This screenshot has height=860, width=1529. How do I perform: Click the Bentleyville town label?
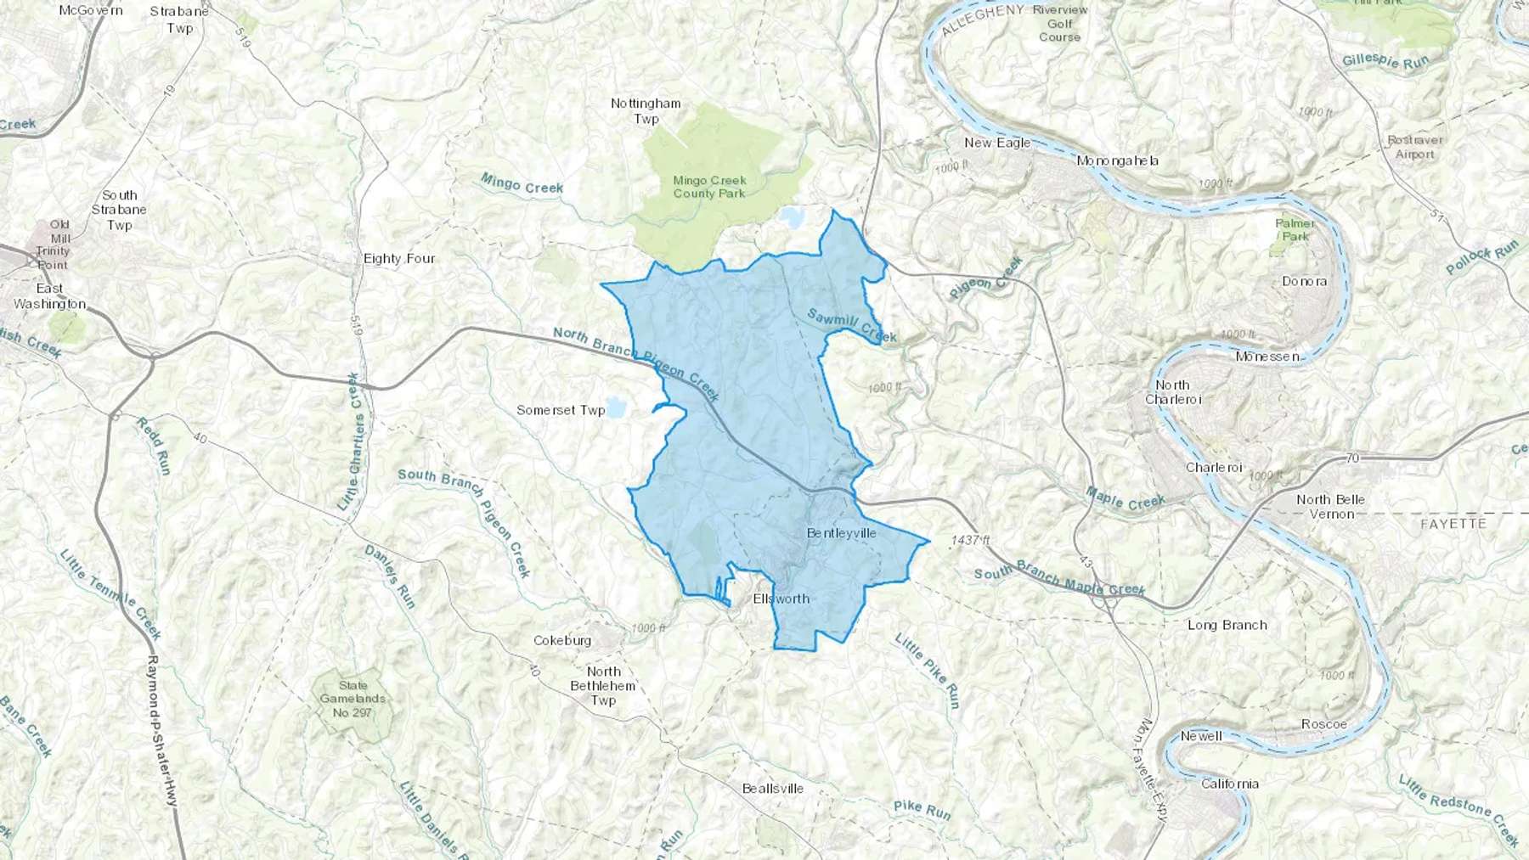tap(841, 533)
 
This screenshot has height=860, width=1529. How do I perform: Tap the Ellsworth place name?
tap(781, 599)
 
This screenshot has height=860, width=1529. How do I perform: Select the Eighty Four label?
tap(399, 258)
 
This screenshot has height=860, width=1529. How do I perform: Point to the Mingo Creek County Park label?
tap(709, 187)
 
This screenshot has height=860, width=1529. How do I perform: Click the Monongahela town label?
tap(1117, 160)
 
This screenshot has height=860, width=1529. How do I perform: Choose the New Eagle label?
tap(997, 143)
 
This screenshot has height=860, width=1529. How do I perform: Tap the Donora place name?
tap(1304, 281)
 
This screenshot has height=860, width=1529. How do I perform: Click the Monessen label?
tap(1267, 357)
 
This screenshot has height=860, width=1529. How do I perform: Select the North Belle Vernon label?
tap(1330, 506)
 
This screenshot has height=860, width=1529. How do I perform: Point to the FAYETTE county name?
tap(1453, 524)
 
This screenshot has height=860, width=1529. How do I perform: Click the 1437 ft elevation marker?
tap(970, 540)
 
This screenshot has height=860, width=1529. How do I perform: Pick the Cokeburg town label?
tap(562, 640)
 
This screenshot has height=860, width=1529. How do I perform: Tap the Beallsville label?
tap(772, 789)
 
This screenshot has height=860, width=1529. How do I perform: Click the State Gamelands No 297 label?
tap(353, 699)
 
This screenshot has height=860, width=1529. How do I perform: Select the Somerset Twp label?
tap(561, 410)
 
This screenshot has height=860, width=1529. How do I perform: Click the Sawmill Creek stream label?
tap(851, 325)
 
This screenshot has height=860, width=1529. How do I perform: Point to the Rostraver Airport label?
tap(1414, 147)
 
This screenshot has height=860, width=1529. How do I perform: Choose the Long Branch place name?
tap(1227, 625)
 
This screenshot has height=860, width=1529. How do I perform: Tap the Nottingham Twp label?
tap(646, 110)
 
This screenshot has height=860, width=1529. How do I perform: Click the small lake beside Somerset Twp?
tap(616, 408)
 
